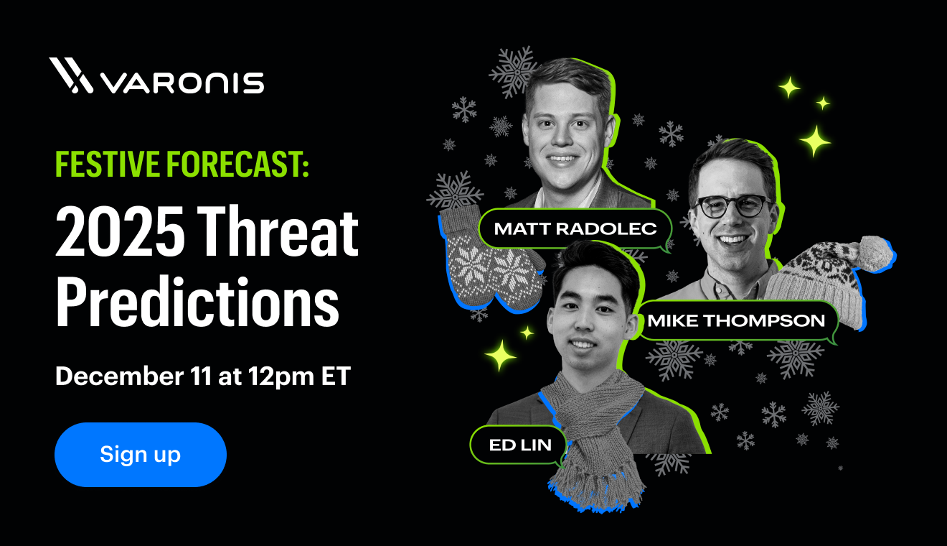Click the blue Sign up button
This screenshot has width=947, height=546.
point(141,455)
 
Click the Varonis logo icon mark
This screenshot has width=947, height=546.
point(70,75)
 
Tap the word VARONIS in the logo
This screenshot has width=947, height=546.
point(182,82)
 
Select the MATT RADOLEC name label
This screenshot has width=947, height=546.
point(575,229)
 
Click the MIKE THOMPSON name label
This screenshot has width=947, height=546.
point(737,320)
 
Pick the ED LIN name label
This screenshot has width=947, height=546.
point(520,445)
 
